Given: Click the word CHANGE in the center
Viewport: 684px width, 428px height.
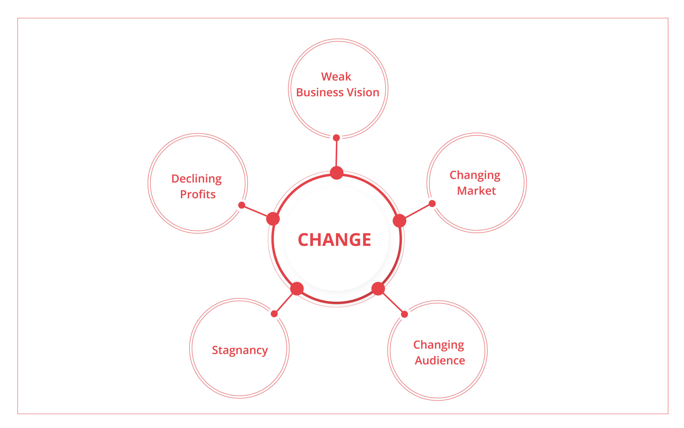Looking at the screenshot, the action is click(334, 240).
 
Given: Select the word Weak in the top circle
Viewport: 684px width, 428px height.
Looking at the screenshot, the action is click(336, 77).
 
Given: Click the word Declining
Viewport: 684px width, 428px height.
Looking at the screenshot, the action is click(196, 179).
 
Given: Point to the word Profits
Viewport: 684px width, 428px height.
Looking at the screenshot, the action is click(198, 194).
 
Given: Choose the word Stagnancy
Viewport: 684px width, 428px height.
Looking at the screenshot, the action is click(240, 351).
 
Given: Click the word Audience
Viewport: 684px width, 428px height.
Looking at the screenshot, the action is click(440, 360).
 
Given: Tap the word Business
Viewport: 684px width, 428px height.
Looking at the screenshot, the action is click(320, 92).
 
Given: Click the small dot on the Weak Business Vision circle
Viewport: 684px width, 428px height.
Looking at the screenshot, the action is click(336, 138).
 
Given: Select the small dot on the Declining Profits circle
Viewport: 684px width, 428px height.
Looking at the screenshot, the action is click(242, 205).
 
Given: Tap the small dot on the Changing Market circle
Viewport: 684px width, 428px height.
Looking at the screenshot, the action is click(432, 204).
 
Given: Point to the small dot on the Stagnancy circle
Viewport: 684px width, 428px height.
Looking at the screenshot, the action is click(274, 314).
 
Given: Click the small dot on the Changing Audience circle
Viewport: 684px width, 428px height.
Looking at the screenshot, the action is click(405, 314).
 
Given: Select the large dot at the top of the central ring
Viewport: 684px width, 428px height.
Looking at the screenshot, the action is click(337, 173).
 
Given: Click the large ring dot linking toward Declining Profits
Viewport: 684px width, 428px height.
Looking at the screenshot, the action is click(273, 219).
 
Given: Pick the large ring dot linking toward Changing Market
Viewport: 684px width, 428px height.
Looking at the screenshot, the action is click(399, 221).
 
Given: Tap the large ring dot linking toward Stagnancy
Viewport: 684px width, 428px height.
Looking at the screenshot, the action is click(297, 289).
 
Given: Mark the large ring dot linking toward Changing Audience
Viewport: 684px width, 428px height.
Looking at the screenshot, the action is click(378, 289).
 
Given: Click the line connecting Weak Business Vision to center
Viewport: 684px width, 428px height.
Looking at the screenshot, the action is click(336, 154).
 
